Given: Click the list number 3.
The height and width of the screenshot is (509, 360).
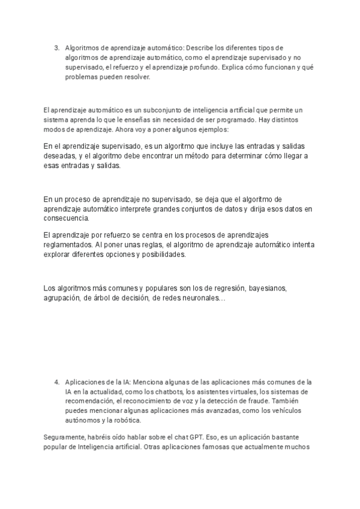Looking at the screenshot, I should click(x=56, y=47).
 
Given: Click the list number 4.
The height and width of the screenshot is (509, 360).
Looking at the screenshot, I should click(x=56, y=382).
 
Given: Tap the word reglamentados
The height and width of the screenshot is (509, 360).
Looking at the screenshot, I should click(x=68, y=245).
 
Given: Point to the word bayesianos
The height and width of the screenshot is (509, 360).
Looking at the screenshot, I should click(x=268, y=289).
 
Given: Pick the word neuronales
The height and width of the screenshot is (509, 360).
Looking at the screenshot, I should click(x=203, y=298).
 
